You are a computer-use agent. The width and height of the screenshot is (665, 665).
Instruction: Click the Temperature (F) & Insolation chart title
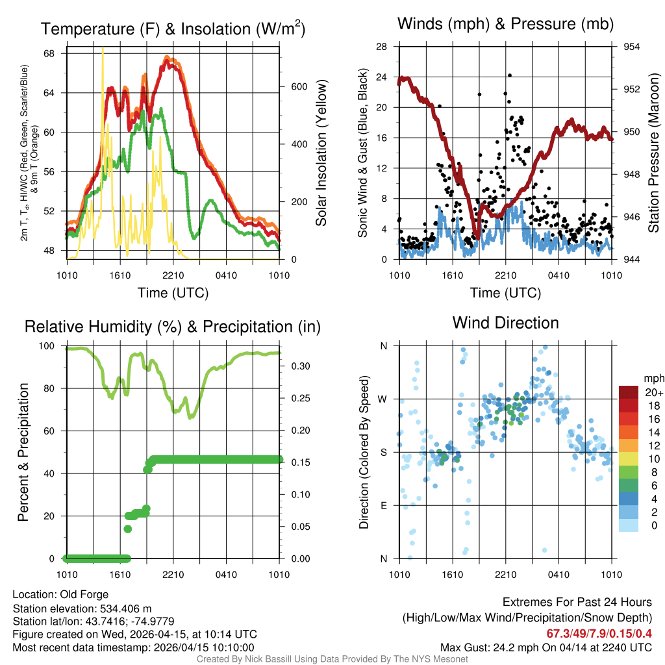coord(173,29)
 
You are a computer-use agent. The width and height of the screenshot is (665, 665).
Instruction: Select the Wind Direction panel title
coord(505,323)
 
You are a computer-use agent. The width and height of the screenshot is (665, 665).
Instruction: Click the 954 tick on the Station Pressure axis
coord(631,47)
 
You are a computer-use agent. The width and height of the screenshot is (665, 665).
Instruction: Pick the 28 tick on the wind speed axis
coord(382,47)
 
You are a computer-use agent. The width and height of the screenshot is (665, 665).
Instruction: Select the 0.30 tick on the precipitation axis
coord(296,366)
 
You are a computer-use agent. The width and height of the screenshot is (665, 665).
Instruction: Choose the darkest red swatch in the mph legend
coord(629,392)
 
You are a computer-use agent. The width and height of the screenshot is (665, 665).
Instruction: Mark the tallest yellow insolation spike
coord(103,49)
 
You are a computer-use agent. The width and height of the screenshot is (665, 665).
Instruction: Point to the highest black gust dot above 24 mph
coord(510,75)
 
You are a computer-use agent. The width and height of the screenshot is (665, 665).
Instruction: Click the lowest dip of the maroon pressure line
coord(476,237)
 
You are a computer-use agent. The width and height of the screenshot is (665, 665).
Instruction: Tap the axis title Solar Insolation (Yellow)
coord(321,153)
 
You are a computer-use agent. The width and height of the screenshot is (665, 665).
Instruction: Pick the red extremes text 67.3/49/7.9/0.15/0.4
coord(599,633)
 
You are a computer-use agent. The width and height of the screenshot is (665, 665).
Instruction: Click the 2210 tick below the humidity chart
coord(173,575)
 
